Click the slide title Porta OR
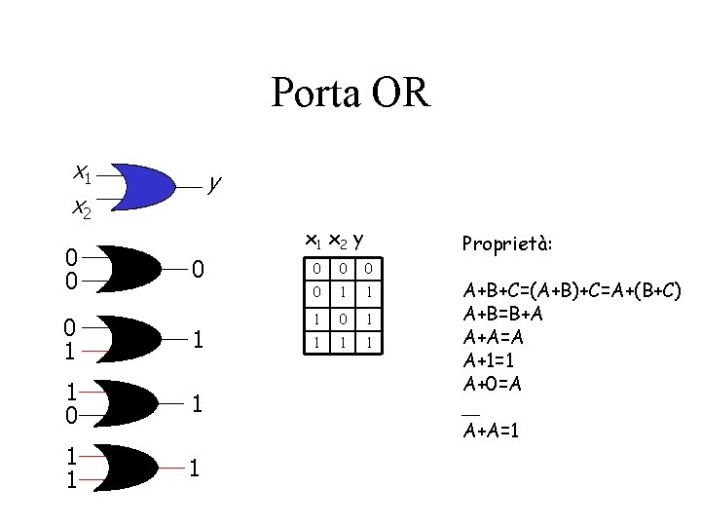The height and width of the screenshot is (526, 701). [350, 94]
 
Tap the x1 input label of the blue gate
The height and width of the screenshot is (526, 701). [83, 173]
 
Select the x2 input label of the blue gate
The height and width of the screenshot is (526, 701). [82, 207]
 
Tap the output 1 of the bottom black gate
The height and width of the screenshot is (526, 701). [197, 470]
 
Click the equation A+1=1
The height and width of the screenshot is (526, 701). [497, 360]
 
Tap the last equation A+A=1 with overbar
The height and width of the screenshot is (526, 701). [492, 430]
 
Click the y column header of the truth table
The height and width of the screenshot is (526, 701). [359, 240]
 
